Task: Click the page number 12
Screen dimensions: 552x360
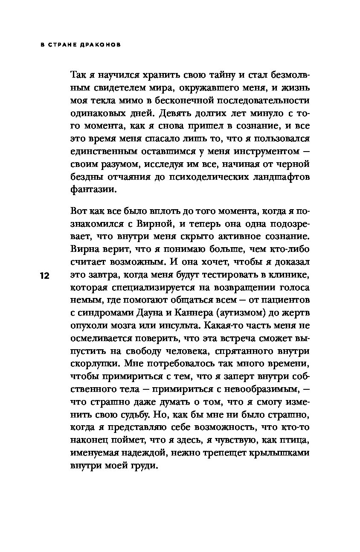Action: point(45,276)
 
